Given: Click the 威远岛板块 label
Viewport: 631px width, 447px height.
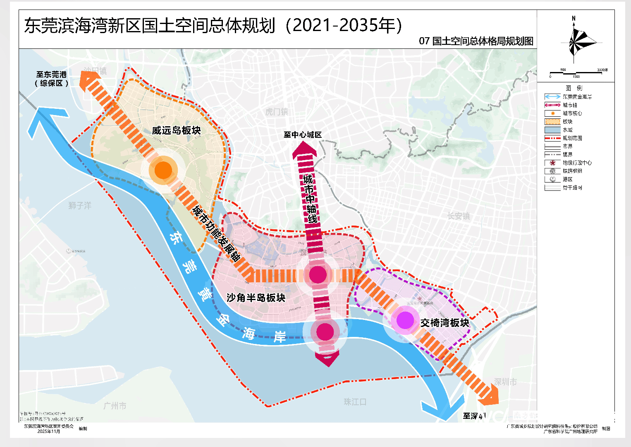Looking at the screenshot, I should pos(176,130).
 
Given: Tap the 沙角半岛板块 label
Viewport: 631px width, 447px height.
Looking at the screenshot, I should pos(256,298).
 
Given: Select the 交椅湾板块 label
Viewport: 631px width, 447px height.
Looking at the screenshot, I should pos(445,323).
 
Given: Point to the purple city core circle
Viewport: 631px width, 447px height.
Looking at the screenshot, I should pos(405,320).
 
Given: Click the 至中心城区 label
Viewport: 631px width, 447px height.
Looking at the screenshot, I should pos(302,135).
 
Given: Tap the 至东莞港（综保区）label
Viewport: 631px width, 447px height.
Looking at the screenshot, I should pos(51,79).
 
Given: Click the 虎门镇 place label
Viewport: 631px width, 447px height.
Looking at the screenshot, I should pos(277,112).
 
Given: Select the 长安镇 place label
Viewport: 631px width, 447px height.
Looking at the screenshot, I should pos(459,216).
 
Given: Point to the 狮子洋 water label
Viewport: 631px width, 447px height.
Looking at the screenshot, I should pos(80,205).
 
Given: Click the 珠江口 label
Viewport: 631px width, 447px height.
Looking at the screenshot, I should pos(355,402).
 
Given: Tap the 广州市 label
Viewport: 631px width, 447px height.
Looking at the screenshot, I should pos(115,406).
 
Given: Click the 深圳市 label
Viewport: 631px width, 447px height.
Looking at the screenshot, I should pos(505,382).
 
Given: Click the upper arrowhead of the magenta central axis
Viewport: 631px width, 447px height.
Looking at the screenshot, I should pos(304,150).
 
